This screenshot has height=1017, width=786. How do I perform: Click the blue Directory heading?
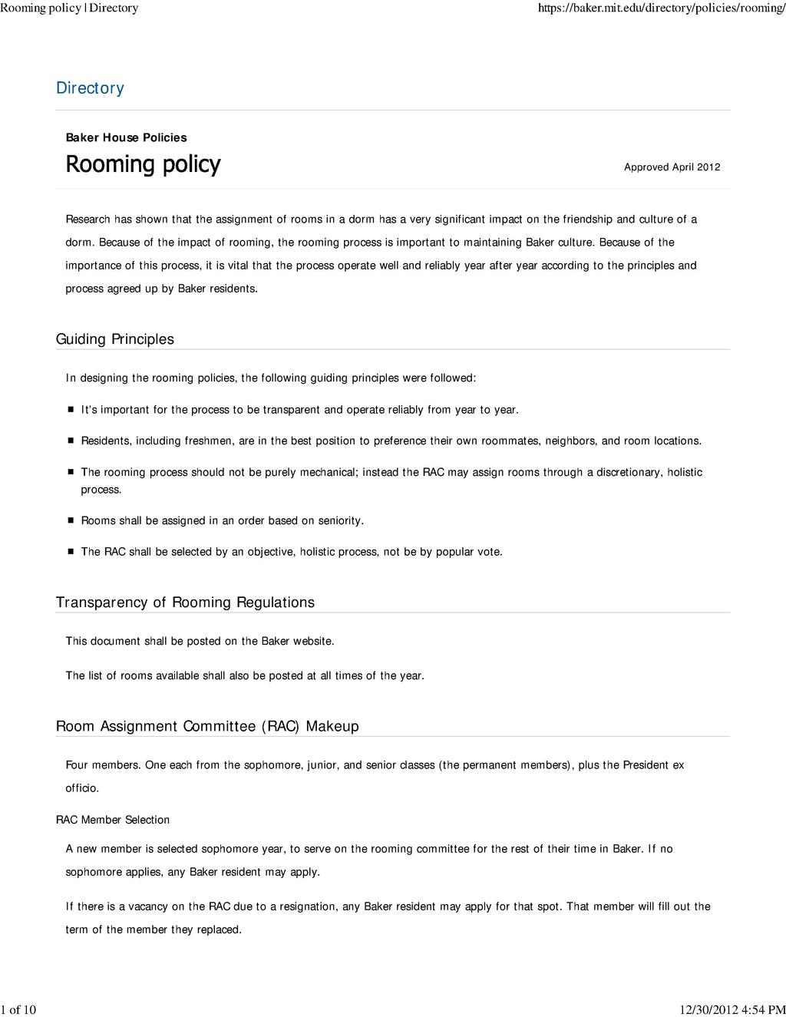tap(90, 88)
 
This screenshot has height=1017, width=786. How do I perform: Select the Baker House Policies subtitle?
tap(126, 137)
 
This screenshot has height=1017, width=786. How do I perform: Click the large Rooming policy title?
tap(143, 164)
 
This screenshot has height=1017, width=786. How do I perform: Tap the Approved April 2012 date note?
tap(672, 167)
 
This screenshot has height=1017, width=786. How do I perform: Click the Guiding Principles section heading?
tap(115, 339)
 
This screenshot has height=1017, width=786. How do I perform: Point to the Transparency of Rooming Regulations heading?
tap(185, 603)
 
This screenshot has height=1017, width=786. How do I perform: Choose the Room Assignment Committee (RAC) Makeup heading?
tap(207, 726)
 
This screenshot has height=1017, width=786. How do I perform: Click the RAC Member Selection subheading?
tap(113, 820)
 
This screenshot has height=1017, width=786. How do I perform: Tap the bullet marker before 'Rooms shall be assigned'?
tap(69, 520)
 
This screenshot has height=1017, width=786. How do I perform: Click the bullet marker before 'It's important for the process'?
tap(69, 410)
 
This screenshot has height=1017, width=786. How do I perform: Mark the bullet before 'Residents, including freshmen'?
tap(69, 441)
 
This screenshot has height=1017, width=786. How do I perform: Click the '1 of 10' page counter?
tap(18, 1009)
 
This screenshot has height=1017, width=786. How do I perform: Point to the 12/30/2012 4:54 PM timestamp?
tap(733, 1009)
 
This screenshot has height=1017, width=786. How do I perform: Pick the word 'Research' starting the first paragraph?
tap(88, 220)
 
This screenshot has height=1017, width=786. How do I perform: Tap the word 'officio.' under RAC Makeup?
tap(82, 788)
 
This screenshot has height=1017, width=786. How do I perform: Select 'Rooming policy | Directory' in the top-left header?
tap(69, 8)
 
